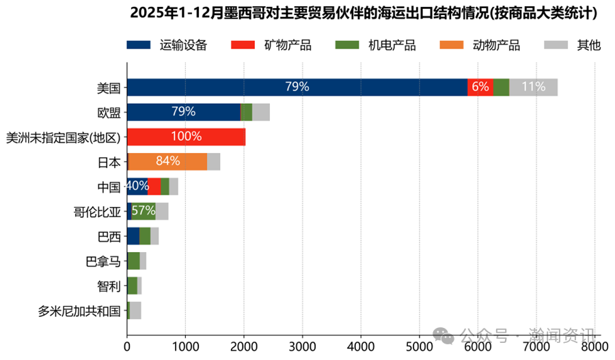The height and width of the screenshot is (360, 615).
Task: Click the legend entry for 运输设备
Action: (x=167, y=45)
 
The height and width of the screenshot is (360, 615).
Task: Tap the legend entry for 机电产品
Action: (x=375, y=45)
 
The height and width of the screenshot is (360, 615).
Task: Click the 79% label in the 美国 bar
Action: (x=297, y=87)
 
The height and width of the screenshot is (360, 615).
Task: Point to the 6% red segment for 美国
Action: (x=480, y=87)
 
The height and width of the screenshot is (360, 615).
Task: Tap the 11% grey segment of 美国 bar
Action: (x=533, y=87)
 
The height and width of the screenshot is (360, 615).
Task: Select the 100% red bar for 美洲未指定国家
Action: (x=186, y=137)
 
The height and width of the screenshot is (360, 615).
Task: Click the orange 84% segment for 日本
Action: (x=168, y=161)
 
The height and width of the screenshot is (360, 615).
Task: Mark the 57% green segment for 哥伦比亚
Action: (x=143, y=211)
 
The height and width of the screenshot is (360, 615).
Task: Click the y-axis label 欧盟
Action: (x=109, y=112)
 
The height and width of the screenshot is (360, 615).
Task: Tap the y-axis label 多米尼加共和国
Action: (x=80, y=311)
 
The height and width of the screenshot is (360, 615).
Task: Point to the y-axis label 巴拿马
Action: (x=103, y=262)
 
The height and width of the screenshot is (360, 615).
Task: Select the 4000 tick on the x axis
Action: (x=361, y=348)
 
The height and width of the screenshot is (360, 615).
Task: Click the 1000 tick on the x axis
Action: (x=185, y=348)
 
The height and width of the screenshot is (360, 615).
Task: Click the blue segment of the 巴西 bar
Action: (x=133, y=236)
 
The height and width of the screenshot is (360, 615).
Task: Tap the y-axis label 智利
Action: (x=109, y=286)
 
